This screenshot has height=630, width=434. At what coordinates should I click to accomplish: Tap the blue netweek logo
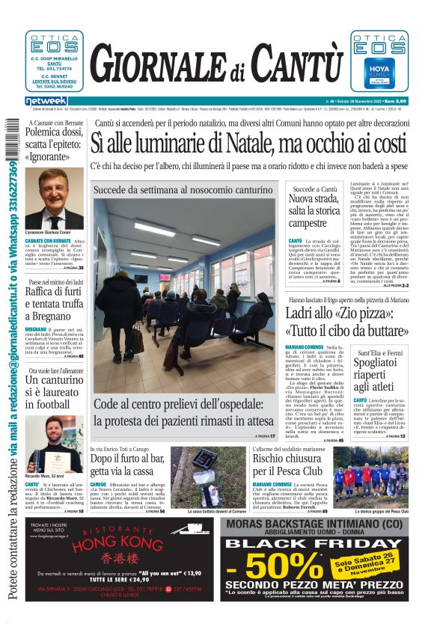coord(46,100)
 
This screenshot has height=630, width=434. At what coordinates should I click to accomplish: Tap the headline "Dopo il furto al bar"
coord(128,464)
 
